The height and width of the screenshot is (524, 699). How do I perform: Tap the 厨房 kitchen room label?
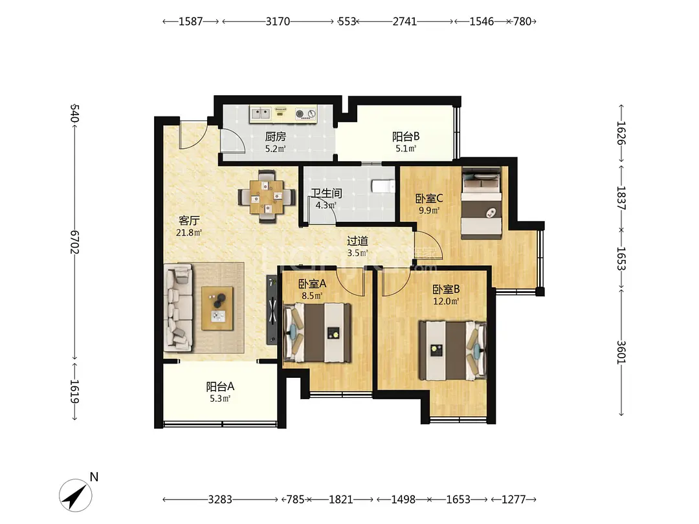(276, 136)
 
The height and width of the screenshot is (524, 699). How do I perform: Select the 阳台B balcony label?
(406, 136)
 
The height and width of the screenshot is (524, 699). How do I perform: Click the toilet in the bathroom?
(383, 186)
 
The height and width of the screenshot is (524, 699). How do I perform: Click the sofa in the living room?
(179, 307)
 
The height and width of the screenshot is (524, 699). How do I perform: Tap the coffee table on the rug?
(217, 309)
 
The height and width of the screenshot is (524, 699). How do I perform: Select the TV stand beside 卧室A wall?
(272, 310)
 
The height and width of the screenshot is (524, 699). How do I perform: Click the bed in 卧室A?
(317, 332)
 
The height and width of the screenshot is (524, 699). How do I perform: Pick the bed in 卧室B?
(452, 350)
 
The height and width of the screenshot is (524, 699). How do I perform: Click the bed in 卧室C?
(482, 203)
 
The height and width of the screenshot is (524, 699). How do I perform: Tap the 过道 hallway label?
(357, 241)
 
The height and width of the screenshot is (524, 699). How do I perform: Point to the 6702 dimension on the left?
(74, 242)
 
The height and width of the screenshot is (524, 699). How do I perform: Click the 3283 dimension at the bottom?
(220, 499)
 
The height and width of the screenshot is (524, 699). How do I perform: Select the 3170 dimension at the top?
(278, 21)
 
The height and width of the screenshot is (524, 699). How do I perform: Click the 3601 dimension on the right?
(621, 352)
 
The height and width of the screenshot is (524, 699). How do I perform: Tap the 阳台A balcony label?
(220, 386)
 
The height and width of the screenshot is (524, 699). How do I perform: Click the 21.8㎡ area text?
(189, 233)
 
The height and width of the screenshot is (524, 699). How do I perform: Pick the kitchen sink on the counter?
(260, 113)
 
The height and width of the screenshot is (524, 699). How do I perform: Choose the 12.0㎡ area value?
(446, 301)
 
